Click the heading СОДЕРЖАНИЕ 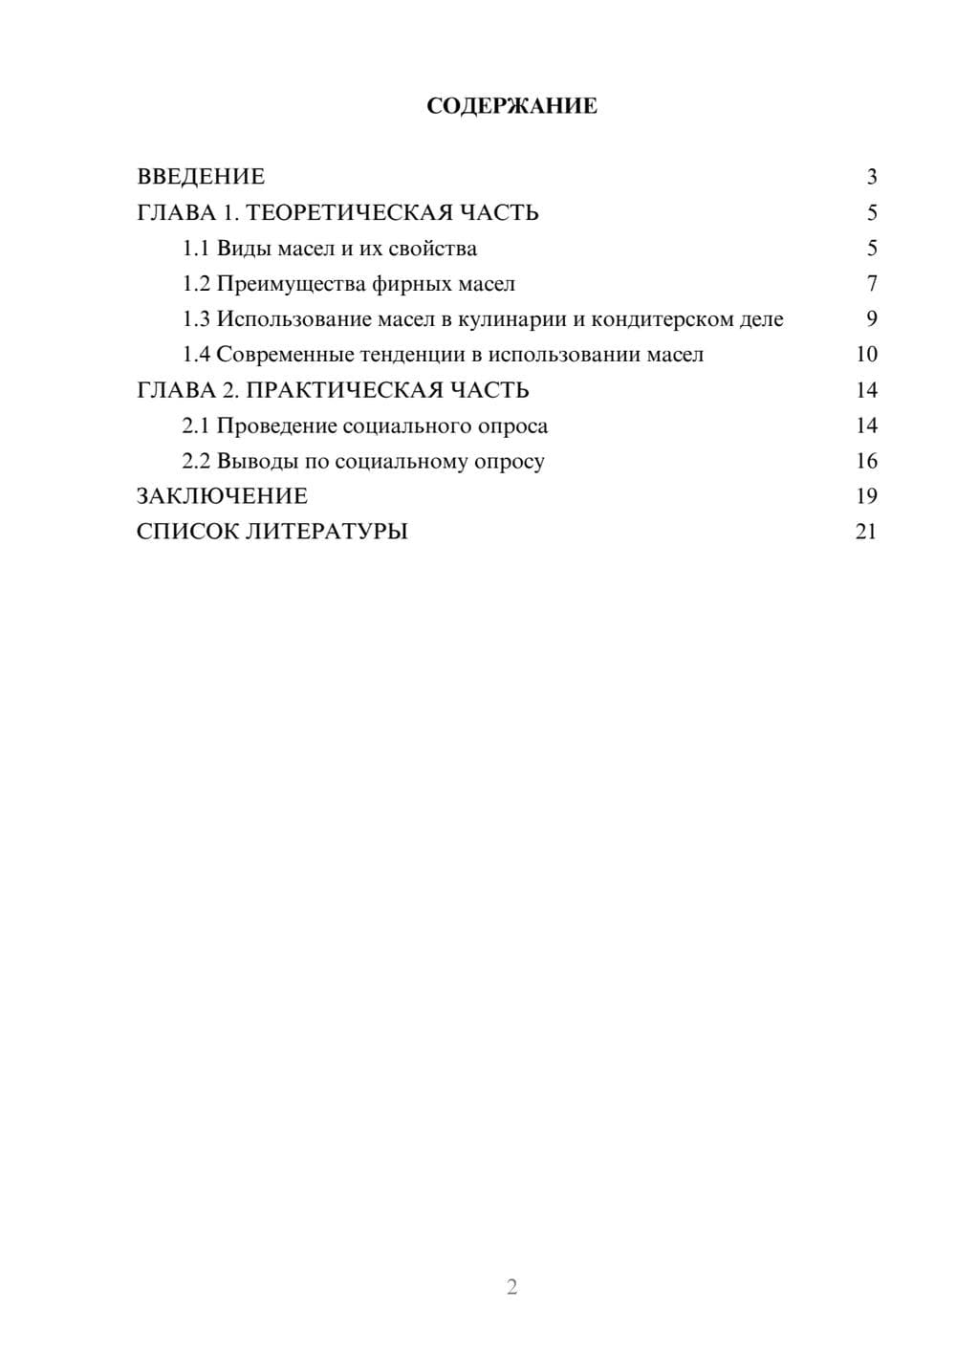tap(511, 106)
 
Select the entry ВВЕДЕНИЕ tap(201, 177)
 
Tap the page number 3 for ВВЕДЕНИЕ tap(871, 177)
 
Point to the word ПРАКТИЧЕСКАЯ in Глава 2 tap(341, 390)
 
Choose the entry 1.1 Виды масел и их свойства tap(330, 249)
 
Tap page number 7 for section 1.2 tap(871, 284)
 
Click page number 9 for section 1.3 tap(871, 319)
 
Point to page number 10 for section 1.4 tap(866, 355)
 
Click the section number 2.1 tap(196, 425)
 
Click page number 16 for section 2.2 tap(866, 461)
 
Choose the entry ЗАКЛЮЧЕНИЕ tap(222, 496)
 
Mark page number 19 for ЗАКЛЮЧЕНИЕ tap(866, 496)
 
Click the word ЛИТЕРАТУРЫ tap(327, 532)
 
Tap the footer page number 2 tap(511, 1287)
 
